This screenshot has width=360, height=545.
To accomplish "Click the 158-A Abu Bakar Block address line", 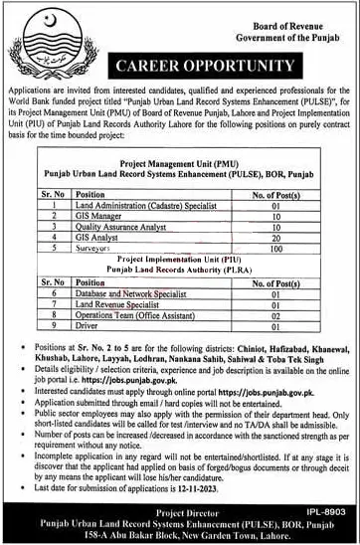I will pos(180,534).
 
